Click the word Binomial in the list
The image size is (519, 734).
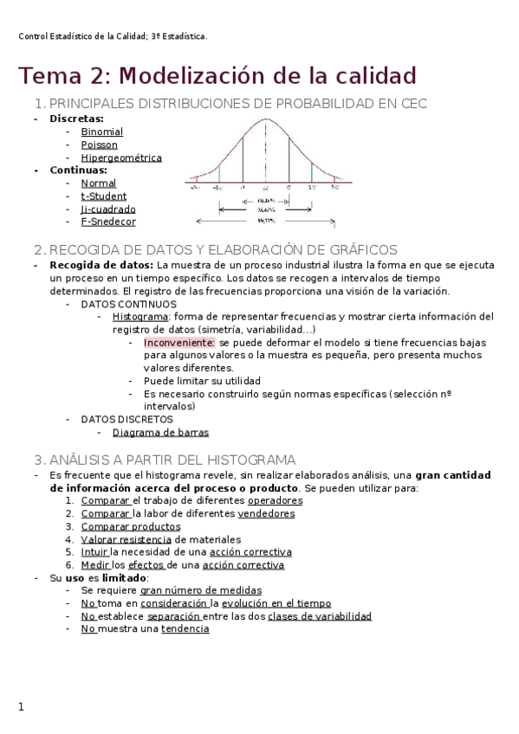coord(101,132)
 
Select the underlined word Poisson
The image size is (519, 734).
coord(99,145)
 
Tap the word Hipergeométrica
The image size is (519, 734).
coord(120,158)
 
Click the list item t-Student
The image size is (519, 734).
coord(102,196)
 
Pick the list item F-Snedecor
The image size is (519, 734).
coord(107,221)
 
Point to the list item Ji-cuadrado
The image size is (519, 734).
coord(107,209)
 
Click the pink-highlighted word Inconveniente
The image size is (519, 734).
coord(179,343)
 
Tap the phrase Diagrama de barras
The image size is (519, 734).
coord(160,432)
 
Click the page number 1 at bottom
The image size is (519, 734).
coord(22,707)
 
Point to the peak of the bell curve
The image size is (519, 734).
coord(265,119)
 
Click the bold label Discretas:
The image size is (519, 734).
coord(76,119)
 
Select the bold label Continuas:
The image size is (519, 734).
coord(78,170)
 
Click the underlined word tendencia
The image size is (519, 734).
coord(185,629)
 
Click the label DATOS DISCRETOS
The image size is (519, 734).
coord(127,419)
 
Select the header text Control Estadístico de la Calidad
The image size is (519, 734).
coord(82,36)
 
